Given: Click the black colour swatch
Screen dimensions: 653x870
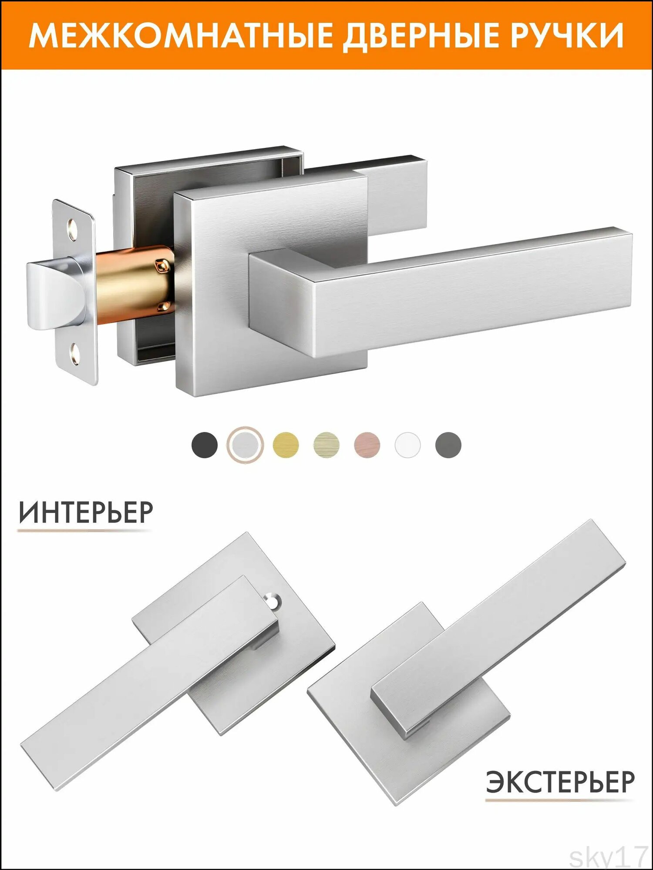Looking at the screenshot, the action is [x=205, y=445].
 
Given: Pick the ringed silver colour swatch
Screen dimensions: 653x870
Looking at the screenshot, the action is [x=245, y=445].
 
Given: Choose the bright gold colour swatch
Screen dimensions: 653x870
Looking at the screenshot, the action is [x=286, y=445].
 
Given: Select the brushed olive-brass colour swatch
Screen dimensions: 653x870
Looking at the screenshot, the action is [x=326, y=445].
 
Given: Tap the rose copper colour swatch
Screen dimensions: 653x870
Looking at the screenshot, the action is [x=367, y=445].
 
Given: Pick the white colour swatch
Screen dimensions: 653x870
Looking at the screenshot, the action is [x=408, y=445].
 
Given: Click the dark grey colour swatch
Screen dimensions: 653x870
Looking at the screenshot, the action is [x=448, y=445].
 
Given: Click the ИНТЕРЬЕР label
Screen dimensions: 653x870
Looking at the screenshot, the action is [x=86, y=513].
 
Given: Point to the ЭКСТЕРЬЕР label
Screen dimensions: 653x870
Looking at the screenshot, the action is [x=560, y=782].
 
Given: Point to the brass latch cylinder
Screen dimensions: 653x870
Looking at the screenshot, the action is [x=135, y=285].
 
